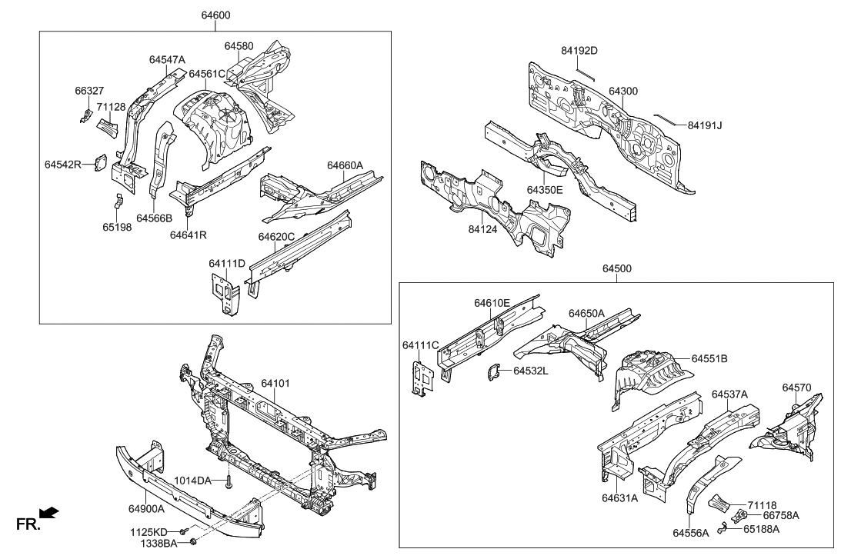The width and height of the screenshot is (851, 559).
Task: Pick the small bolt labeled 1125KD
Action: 182,531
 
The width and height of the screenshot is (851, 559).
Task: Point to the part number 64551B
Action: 709,358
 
